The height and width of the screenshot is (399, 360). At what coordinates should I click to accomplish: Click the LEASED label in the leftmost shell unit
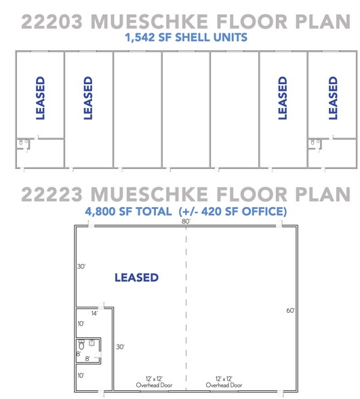[x=40, y=98]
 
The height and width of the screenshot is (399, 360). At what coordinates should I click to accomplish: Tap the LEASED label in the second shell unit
[x=87, y=98]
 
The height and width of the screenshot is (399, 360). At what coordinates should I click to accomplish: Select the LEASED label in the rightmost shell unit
[x=333, y=98]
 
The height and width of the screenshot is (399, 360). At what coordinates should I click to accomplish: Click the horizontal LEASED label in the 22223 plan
[x=136, y=278]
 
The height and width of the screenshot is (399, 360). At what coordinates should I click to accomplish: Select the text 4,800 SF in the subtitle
[x=108, y=212]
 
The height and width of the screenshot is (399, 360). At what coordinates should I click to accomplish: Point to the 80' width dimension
[x=186, y=221]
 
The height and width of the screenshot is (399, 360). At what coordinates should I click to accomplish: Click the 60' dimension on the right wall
[x=291, y=310]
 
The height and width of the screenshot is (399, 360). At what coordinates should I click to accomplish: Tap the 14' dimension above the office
[x=94, y=313]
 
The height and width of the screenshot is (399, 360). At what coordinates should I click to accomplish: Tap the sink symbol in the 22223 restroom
[x=92, y=343]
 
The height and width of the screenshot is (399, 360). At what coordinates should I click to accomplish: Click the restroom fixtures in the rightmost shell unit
[x=315, y=143]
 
